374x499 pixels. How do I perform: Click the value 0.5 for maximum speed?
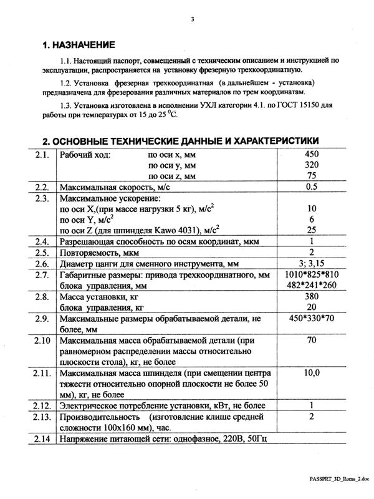pyautogui.click(x=312, y=187)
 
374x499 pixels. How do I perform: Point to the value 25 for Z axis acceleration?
pyautogui.click(x=312, y=231)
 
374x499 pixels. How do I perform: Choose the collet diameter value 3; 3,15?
pyautogui.click(x=312, y=264)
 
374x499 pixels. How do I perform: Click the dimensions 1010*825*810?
pyautogui.click(x=312, y=275)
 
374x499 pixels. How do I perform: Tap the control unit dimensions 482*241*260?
pyautogui.click(x=312, y=286)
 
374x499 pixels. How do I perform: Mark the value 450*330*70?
pyautogui.click(x=312, y=320)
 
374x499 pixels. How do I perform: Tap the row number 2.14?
pyautogui.click(x=42, y=440)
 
